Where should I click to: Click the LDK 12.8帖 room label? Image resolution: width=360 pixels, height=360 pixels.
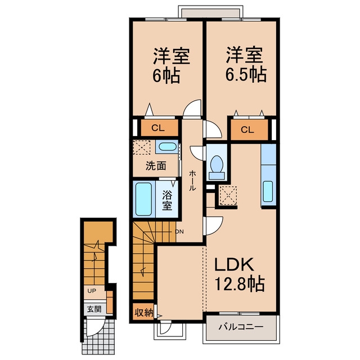[x=240, y=274]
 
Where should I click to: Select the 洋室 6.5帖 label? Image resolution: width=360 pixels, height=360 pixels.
[x=246, y=65]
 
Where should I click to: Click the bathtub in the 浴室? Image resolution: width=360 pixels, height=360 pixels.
[x=144, y=199]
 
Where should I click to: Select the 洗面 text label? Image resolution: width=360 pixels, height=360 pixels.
[x=156, y=166]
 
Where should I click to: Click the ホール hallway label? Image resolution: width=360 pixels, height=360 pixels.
[x=192, y=181]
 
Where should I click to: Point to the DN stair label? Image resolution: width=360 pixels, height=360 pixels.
[x=179, y=232]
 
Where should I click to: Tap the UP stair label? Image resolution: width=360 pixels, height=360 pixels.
[x=92, y=291]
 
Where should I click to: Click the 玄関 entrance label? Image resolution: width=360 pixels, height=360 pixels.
[x=94, y=309]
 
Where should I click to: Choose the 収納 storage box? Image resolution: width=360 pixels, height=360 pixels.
[x=144, y=312]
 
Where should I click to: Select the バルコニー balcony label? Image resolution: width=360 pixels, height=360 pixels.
[x=241, y=326]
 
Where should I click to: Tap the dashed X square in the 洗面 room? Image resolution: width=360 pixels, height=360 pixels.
[x=142, y=147]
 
